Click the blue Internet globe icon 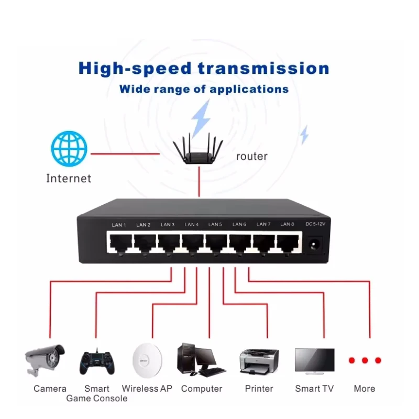click(69, 149)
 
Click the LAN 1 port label click(119, 225)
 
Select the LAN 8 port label click(287, 224)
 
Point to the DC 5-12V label click(315, 224)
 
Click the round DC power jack click(314, 245)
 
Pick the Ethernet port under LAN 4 click(193, 242)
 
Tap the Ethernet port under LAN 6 click(240, 242)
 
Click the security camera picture click(45, 360)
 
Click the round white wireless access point click(147, 360)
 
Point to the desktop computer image click(201, 360)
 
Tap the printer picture click(259, 361)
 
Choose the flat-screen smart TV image click(315, 361)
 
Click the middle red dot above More click(365, 360)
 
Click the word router click(252, 157)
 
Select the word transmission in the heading click(263, 69)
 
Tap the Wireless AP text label click(147, 389)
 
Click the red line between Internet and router click(125, 154)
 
